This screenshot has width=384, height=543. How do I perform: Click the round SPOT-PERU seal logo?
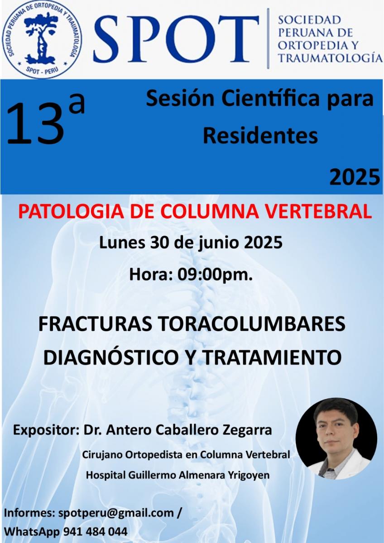pyautogui.click(x=42, y=40)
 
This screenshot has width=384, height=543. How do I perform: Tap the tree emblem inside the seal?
pyautogui.click(x=42, y=39)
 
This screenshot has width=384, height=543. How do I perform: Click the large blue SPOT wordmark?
pyautogui.click(x=176, y=38)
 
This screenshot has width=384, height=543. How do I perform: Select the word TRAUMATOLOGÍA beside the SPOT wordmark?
pyautogui.click(x=330, y=58)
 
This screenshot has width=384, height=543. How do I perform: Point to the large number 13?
pyautogui.click(x=36, y=124)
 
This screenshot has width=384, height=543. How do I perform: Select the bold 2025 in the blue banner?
pyautogui.click(x=355, y=177)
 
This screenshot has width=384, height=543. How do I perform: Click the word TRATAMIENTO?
pyautogui.click(x=272, y=358)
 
